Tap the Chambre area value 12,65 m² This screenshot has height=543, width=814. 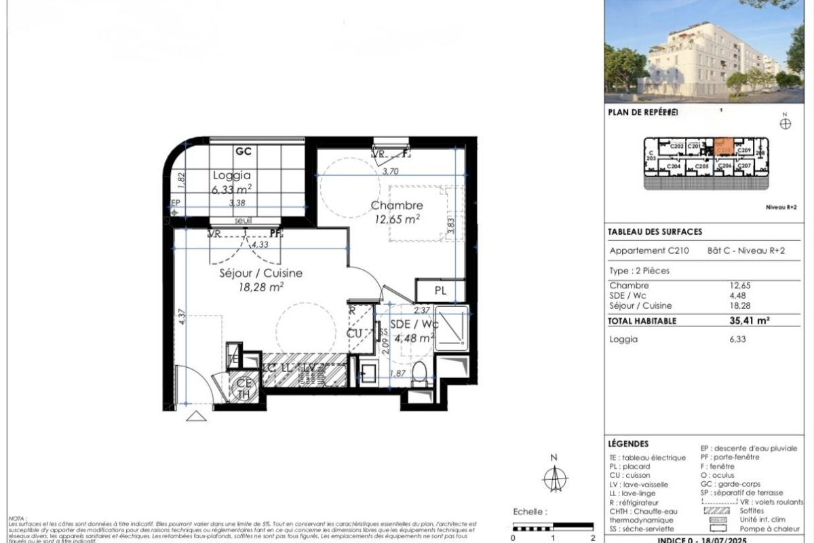(398, 219)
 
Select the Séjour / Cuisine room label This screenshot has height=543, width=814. (261, 274)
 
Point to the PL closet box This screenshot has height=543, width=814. (440, 290)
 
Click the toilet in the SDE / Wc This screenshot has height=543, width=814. (419, 373)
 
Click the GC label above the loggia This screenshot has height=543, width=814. (243, 151)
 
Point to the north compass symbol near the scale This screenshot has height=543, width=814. (554, 479)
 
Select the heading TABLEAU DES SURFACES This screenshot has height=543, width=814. (655, 232)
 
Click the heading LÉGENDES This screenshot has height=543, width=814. (629, 443)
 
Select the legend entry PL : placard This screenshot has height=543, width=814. (630, 467)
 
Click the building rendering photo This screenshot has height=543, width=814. (708, 51)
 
